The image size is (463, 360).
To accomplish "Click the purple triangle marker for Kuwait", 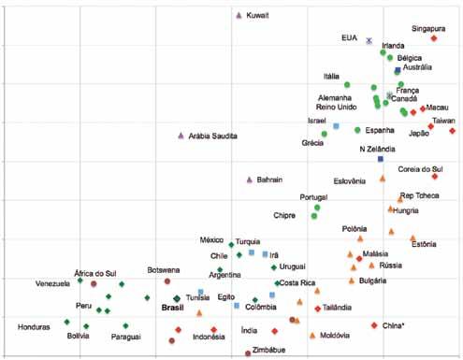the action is point(239,15).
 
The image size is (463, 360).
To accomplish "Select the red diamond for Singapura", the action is point(434,38).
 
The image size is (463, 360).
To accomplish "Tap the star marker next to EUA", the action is point(369,40).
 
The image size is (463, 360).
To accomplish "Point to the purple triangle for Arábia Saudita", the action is point(181,136).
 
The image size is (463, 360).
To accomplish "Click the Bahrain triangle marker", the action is point(249,180).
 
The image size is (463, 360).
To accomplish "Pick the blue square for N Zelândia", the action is point(381,159).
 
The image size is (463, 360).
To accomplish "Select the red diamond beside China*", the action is point(374,325).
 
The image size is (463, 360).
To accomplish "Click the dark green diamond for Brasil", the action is point(177,298).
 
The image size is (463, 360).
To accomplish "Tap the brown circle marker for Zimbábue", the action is point(248,353).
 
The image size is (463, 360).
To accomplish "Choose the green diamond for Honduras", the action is point(66,322).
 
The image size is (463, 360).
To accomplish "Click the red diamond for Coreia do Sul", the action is point(435,177).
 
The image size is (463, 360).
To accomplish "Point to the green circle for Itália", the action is point(347,85).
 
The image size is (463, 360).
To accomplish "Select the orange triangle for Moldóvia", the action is point(312,336).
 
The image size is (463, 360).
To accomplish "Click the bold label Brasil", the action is point(172,308).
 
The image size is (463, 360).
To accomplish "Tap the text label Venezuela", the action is point(52,283).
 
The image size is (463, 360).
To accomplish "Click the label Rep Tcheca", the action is point(420,195).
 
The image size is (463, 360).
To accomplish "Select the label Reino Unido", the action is point(337,107).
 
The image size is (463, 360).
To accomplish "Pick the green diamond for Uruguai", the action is point(274,267).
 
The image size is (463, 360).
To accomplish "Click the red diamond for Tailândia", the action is point(318,309).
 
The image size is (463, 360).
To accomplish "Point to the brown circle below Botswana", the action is point(167,281).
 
